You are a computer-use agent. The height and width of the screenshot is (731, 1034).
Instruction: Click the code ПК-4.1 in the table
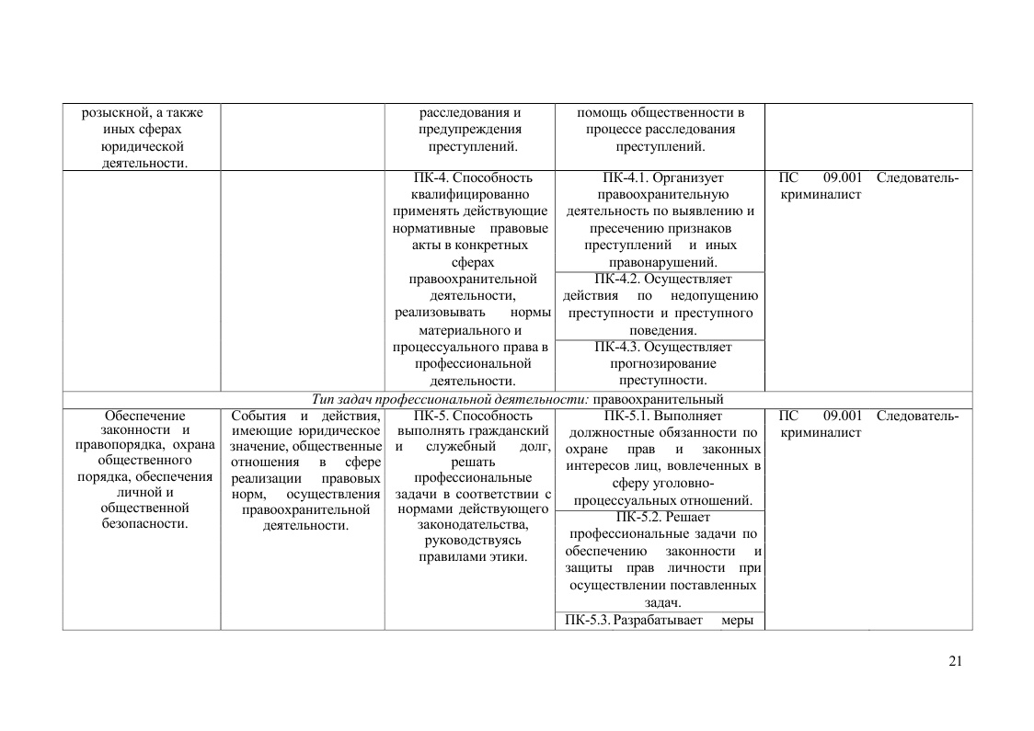[x=627, y=177]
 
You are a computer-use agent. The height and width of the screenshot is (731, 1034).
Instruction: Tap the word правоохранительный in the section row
[x=658, y=399]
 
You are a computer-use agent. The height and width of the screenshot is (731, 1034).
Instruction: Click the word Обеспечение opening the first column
[x=144, y=416]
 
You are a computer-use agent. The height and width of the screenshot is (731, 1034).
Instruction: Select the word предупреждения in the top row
[x=469, y=130]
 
